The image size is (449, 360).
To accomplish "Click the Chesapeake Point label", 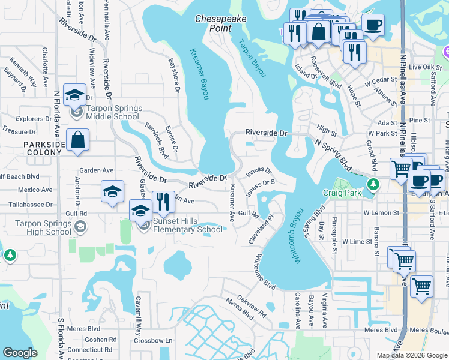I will coord(221,23).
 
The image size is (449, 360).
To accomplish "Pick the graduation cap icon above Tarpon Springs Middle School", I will coord(76,95).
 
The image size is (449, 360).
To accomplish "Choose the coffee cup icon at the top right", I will coord(373,25).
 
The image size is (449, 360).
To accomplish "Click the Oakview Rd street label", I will coord(251,305).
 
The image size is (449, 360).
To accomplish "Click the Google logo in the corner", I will coord(20,352).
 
